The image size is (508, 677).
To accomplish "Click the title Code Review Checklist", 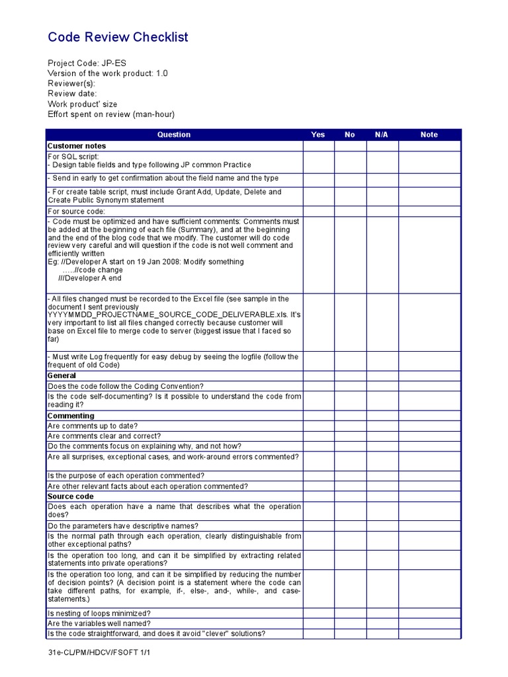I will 118,38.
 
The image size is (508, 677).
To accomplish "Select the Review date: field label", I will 72,94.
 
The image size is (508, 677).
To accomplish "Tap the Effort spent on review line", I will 111,114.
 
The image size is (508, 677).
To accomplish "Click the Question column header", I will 174,135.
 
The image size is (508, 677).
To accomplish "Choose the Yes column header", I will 318,135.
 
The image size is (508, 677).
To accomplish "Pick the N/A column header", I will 382,135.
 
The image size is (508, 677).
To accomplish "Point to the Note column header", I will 429,135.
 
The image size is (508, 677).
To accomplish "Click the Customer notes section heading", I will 77,145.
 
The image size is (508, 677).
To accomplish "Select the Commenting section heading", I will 71,416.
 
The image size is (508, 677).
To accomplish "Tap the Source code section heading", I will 71,496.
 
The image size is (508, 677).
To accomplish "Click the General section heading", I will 62,376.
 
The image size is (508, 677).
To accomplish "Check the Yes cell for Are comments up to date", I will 318,426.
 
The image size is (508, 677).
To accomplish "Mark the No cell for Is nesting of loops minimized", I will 350,614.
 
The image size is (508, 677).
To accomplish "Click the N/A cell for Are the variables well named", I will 382,623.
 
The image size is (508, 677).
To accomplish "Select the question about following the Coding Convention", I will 126,386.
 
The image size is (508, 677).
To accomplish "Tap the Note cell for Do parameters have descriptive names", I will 429,526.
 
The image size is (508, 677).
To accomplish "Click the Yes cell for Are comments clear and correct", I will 318,436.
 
